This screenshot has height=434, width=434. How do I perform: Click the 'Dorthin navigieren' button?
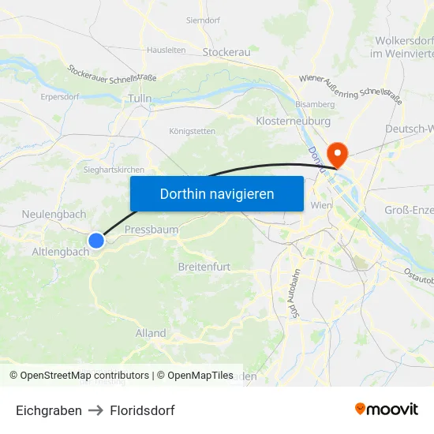tap(216, 193)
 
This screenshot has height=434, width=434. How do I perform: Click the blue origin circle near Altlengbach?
tap(96, 241)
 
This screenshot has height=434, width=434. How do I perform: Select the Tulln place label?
tap(140, 99)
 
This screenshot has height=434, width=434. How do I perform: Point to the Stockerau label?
tap(226, 52)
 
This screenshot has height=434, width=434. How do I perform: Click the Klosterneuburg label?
tap(294, 122)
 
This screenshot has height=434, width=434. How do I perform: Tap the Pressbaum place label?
tap(152, 230)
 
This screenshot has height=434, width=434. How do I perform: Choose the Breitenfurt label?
tap(204, 267)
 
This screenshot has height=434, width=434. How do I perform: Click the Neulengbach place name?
tap(54, 214)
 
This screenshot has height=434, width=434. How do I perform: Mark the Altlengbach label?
tap(60, 252)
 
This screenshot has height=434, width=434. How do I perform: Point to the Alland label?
tap(151, 333)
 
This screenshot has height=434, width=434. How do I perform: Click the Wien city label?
tap(322, 205)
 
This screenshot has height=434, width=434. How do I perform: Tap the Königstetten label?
tap(192, 131)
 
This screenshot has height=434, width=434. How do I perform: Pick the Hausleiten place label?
tap(166, 50)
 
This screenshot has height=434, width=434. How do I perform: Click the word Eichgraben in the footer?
tap(49, 410)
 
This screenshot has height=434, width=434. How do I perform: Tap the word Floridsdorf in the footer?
tap(142, 410)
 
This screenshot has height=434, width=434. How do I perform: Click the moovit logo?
tap(387, 409)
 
